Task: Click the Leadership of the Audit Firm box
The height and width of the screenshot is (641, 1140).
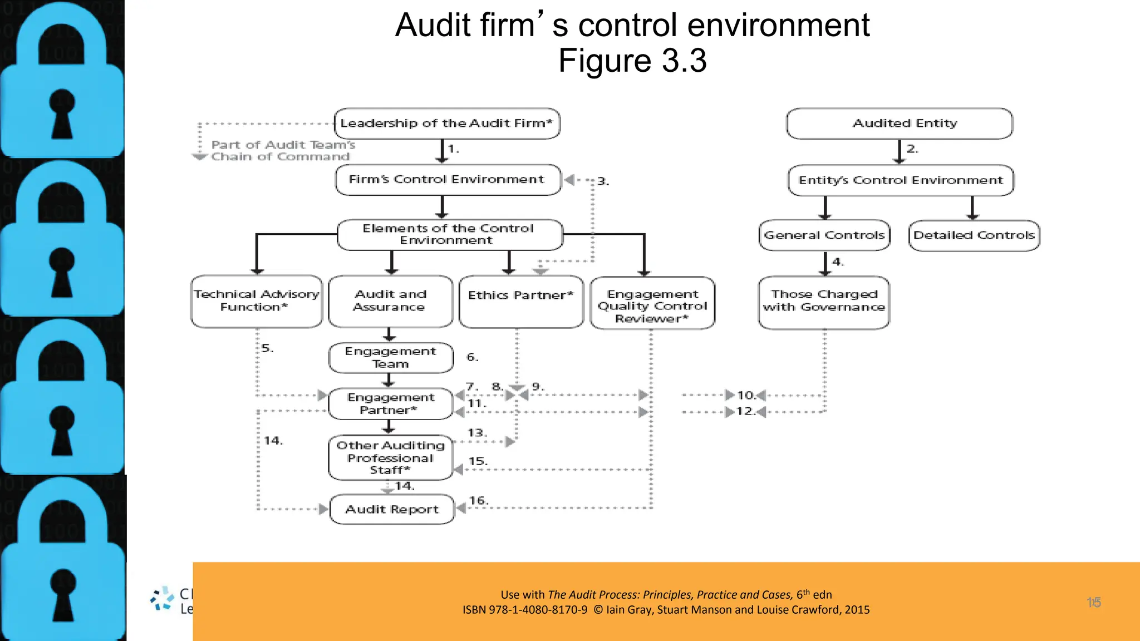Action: [447, 124]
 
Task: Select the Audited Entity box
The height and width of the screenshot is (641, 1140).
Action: [900, 124]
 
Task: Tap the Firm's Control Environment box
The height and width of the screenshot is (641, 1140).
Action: [448, 180]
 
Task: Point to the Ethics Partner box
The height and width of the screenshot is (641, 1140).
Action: [521, 302]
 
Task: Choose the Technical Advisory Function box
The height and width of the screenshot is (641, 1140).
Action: [256, 301]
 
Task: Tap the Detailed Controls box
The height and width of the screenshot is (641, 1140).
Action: [974, 235]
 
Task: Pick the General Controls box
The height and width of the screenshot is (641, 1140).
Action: [824, 235]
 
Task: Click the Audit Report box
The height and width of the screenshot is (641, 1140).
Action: [392, 509]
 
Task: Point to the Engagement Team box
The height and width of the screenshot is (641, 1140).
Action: [391, 358]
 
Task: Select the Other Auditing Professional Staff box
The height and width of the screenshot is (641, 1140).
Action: [391, 457]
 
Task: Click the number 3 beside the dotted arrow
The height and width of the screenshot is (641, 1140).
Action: [603, 181]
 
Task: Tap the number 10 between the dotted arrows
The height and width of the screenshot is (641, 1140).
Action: [745, 396]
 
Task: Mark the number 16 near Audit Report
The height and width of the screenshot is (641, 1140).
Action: [478, 501]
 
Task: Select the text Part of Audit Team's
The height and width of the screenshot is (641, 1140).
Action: [283, 145]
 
